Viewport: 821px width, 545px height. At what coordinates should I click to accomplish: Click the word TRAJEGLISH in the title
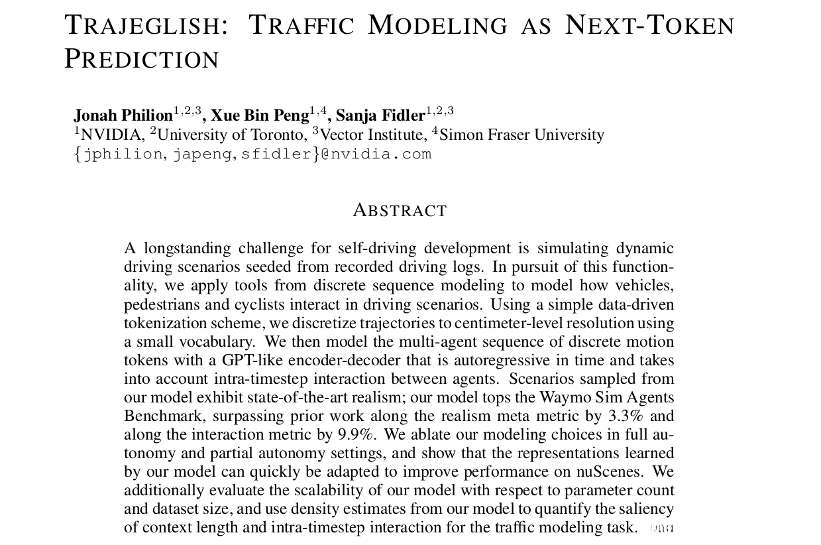point(142,26)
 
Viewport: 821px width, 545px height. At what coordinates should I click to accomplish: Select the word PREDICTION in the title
point(141,60)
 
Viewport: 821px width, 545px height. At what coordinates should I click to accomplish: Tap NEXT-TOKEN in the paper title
point(649,26)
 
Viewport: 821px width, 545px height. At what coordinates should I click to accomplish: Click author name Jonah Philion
point(123,116)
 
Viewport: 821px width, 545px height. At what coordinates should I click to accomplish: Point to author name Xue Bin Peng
point(260,116)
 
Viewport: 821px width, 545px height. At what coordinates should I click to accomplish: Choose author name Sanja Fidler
point(380,116)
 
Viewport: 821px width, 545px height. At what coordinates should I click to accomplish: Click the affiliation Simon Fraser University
point(521,135)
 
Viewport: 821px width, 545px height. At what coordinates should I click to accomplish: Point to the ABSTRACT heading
point(400,211)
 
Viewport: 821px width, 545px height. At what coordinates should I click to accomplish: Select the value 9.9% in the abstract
point(356,435)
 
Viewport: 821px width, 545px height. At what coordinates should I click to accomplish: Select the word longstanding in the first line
point(187,249)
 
